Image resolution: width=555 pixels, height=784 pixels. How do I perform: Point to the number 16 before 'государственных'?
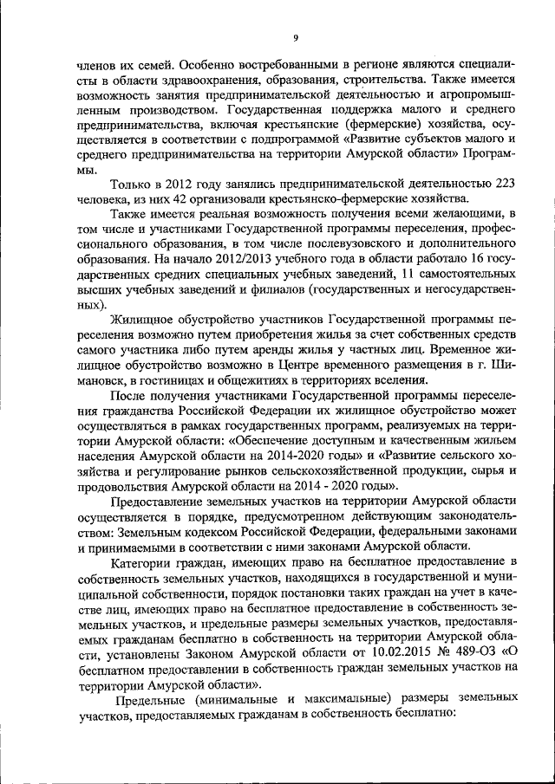tap(477, 258)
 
